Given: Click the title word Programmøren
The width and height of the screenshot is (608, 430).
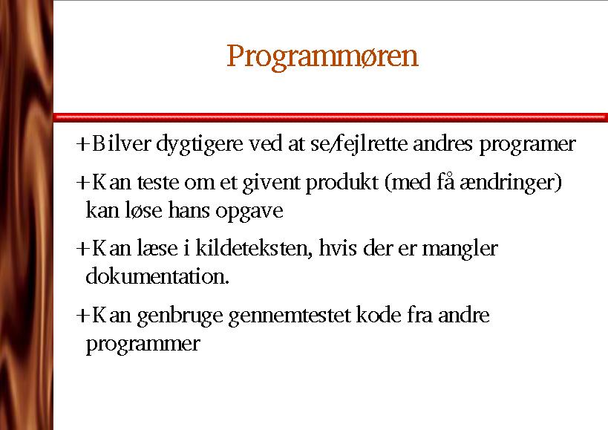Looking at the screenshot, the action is point(322,57).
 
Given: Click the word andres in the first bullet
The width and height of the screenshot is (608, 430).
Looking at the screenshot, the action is point(442,143).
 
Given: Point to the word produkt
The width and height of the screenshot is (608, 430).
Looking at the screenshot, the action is point(342,183).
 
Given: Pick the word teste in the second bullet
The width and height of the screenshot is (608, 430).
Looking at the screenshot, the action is point(158,183).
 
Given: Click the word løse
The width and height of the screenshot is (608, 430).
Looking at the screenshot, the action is point(143,210).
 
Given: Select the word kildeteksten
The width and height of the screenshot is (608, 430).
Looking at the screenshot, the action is point(254,249).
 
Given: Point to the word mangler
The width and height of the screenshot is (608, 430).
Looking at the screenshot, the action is point(460,250).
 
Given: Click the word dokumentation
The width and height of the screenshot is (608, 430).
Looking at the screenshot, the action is point(157,276).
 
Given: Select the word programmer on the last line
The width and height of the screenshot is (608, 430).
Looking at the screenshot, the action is point(143,345).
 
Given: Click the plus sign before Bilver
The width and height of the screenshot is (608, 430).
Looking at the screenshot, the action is point(82,144).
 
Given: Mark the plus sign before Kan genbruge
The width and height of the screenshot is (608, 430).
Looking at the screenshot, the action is point(82,315).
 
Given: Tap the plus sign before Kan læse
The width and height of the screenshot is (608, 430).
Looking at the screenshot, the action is point(82,249).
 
